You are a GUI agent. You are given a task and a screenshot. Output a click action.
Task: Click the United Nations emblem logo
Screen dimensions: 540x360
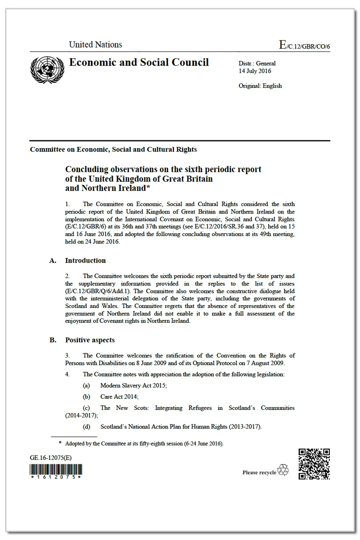coord(47,69)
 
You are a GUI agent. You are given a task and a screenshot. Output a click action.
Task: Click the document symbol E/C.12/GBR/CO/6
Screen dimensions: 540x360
coord(304,45)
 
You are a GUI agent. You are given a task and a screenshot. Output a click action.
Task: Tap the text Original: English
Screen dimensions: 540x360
coord(260,86)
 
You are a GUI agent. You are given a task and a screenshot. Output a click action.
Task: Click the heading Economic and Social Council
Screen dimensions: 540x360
coord(139,62)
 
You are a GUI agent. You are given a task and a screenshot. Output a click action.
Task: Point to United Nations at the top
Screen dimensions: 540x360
coord(95,45)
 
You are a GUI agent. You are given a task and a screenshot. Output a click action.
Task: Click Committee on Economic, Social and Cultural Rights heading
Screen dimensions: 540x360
coord(113,149)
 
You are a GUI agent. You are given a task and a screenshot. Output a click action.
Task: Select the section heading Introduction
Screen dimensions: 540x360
coord(85,261)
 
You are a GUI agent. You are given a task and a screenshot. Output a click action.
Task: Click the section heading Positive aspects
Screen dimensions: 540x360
coord(90,340)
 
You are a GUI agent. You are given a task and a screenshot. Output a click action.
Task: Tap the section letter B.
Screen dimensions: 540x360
coord(53,340)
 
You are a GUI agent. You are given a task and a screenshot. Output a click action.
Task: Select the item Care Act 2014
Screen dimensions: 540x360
coord(119,397)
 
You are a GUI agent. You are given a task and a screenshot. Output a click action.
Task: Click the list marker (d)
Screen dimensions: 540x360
coord(87,426)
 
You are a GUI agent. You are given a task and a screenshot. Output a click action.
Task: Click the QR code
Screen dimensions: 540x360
coord(314,464)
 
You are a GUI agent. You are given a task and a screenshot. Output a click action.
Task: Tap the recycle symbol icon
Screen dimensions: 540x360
coord(283,470)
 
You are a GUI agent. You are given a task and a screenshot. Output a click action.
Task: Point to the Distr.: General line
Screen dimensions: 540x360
coord(257,64)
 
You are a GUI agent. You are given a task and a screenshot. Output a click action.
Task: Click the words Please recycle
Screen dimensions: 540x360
coord(259,472)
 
